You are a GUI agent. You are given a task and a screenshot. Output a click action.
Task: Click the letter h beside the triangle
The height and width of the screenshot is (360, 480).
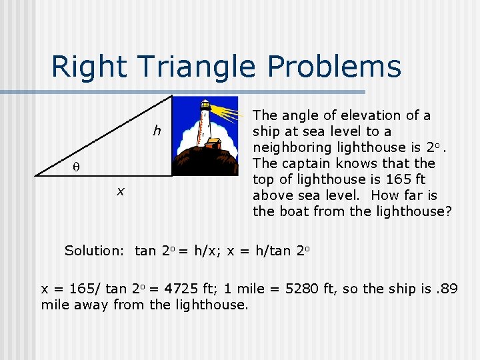pos(157,131)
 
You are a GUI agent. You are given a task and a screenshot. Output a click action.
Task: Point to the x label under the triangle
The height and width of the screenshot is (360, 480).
pos(120,191)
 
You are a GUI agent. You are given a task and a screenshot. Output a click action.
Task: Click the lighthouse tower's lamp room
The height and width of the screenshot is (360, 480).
pos(206,106)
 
